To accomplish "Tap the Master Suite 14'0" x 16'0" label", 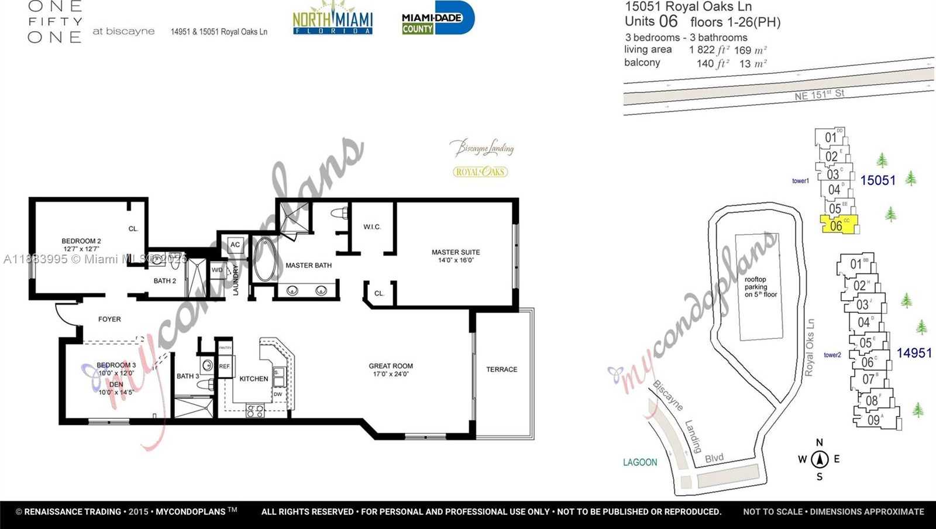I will pyautogui.click(x=456, y=256).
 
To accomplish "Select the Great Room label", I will pyautogui.click(x=391, y=369).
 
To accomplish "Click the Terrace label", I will pyautogui.click(x=501, y=369).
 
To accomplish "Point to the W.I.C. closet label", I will pyautogui.click(x=372, y=227).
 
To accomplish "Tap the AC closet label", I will pyautogui.click(x=235, y=245).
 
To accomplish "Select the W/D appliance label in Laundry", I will pyautogui.click(x=217, y=270).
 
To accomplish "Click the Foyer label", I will pyautogui.click(x=109, y=319).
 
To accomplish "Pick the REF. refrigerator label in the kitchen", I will pyautogui.click(x=225, y=366).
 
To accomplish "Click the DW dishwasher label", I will pyautogui.click(x=278, y=394).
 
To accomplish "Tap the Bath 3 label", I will pyautogui.click(x=188, y=376).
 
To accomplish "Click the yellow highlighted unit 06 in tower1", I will pyautogui.click(x=838, y=225).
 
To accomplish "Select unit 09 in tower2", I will pyautogui.click(x=873, y=420).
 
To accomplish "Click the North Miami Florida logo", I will pyautogui.click(x=332, y=19).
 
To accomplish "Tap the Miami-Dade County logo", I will pyautogui.click(x=437, y=19).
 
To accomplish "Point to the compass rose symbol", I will pyautogui.click(x=820, y=459).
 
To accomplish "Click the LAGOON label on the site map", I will pyautogui.click(x=640, y=462).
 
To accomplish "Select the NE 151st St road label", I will pyautogui.click(x=819, y=94).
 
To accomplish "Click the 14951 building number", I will pyautogui.click(x=914, y=353).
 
